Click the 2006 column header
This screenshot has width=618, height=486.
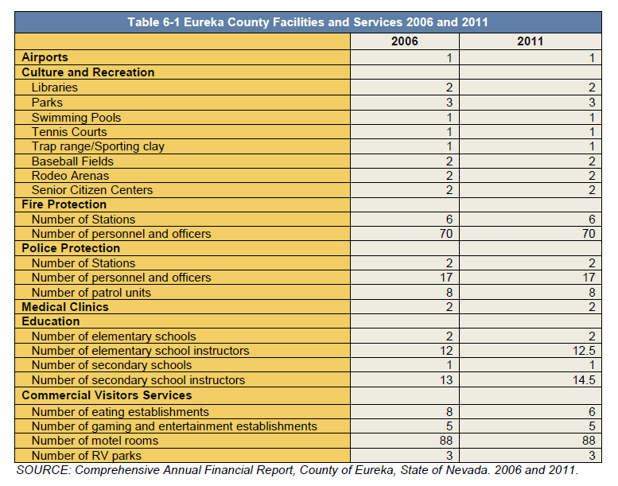[404, 41]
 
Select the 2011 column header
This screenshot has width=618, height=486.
[530, 41]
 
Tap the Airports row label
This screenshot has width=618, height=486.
[45, 57]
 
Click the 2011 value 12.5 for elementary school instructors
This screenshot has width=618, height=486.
[584, 351]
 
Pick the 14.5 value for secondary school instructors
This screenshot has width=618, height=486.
[584, 380]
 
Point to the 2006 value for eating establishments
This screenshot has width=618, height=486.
[449, 412]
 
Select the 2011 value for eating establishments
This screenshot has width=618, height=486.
[592, 412]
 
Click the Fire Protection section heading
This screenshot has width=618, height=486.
[64, 204]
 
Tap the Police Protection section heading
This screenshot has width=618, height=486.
[71, 248]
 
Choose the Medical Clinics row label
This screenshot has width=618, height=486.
[65, 307]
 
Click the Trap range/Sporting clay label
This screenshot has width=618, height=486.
[98, 146]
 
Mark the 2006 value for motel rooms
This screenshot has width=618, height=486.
[446, 441]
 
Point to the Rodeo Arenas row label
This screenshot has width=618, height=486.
[71, 176]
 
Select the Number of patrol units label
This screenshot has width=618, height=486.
[91, 293]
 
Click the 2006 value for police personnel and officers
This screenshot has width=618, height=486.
[446, 278]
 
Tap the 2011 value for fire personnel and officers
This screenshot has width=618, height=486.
[589, 234]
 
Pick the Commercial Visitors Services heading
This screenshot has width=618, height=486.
[107, 395]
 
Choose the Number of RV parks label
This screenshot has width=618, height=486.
[87, 456]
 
